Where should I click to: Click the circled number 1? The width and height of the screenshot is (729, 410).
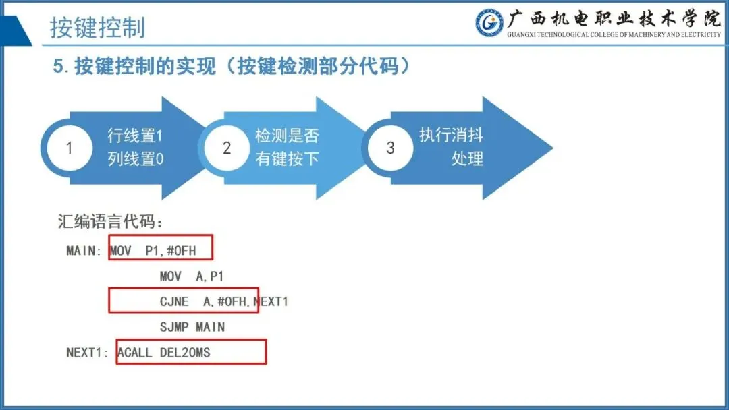pos(69,148)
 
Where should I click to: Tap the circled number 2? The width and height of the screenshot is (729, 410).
pos(227,148)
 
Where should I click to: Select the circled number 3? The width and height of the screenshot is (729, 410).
pos(390,148)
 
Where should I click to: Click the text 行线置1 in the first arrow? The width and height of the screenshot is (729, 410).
pos(135,136)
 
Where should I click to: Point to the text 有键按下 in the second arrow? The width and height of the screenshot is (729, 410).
pos(287,159)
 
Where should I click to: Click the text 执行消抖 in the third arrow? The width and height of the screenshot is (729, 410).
pos(451,135)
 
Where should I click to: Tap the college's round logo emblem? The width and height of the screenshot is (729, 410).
pos(489,24)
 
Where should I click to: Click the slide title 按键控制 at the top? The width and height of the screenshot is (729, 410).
pos(97,28)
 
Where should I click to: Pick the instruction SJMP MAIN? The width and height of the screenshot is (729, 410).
pos(192,327)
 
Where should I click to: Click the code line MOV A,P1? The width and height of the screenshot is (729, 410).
pos(192,276)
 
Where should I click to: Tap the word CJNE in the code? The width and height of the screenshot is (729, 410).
pos(174,301)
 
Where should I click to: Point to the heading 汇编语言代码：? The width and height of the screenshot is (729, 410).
pos(111,221)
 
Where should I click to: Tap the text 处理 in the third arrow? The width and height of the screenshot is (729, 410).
pos(467,159)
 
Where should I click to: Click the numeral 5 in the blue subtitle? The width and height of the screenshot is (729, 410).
pos(58,67)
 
